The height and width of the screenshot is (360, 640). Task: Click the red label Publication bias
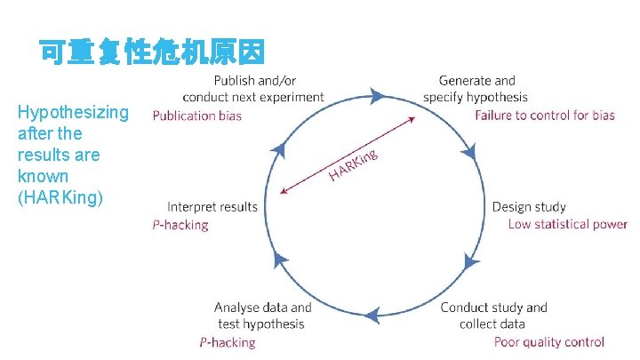point(196,116)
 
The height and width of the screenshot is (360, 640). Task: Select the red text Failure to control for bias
point(544,116)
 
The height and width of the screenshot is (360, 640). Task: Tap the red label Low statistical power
point(567,224)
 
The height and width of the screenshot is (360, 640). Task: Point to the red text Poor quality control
point(548,341)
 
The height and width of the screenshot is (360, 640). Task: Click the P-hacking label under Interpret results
point(180,225)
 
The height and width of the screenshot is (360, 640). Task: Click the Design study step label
point(528,207)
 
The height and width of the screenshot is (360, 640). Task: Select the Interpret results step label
point(212,207)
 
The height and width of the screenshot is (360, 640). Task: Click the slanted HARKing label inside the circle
point(354,164)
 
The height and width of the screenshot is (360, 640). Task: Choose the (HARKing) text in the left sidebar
point(60,197)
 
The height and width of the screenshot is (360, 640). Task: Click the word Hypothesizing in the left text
point(73,113)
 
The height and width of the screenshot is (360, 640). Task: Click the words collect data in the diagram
point(492,324)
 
